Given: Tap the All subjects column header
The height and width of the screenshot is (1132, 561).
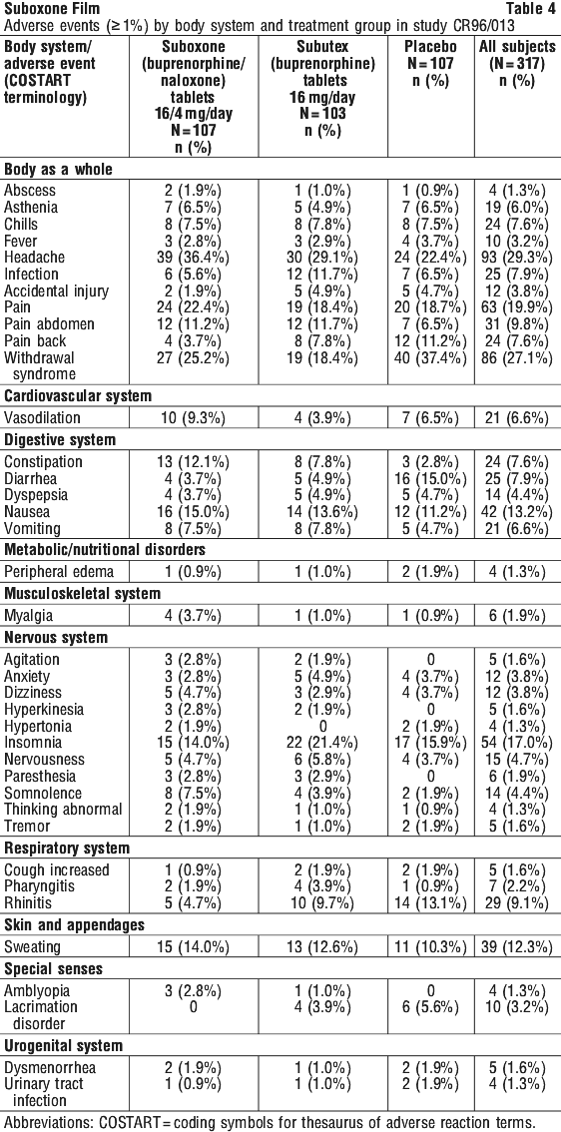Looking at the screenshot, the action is coord(518,64).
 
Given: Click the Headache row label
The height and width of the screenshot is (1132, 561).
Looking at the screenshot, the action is coord(34,257).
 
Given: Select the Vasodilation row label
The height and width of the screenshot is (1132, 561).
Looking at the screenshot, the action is coord(43,417).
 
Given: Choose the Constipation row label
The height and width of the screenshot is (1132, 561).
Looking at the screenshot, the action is coord(43,461).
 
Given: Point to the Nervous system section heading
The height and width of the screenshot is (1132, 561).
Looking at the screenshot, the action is coord(56,638).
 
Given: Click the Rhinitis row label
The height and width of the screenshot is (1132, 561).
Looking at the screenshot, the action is coord(27,902).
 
